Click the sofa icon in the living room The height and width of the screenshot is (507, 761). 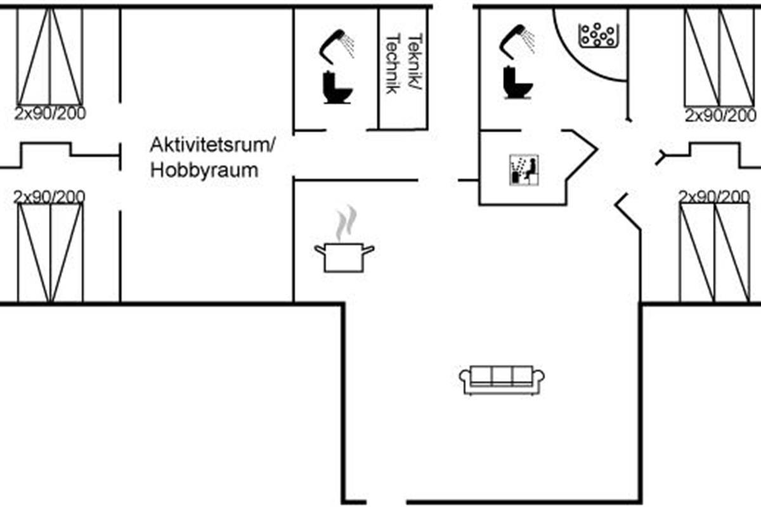point(502,380)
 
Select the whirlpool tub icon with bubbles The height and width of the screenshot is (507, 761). point(599,35)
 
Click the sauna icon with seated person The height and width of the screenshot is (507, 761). point(524,170)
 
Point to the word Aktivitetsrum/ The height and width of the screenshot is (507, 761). point(212,145)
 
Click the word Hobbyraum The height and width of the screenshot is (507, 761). point(204,170)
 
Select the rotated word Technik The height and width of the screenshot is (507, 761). point(393,63)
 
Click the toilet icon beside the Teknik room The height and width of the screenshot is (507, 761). point(337,87)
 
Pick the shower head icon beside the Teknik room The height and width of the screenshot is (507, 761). point(337,47)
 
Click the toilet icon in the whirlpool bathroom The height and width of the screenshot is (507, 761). point(517,82)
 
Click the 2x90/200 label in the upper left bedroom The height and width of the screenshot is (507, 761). point(50,114)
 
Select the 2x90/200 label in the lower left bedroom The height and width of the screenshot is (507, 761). point(49,196)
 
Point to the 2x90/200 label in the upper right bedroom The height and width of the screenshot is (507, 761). point(720,116)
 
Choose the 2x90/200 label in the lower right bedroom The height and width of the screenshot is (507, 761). point(714,196)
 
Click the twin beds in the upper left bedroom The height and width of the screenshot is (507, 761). point(50,56)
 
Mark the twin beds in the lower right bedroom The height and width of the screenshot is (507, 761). point(715,252)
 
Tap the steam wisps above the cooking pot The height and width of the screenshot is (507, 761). point(346,222)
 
